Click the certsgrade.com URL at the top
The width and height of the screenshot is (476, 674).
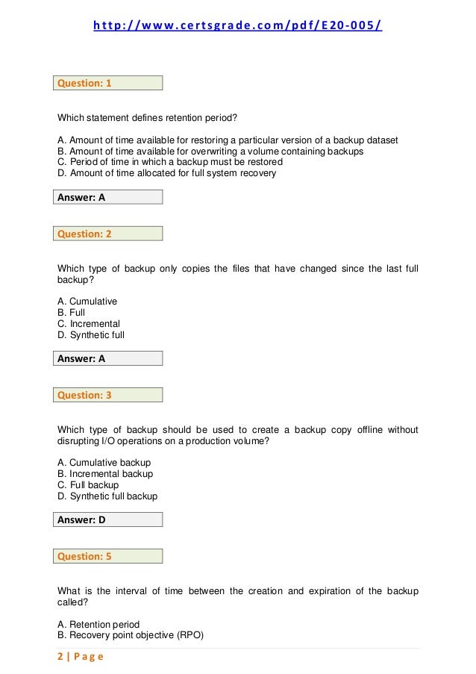tap(237, 27)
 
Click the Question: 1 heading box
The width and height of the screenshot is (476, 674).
tap(109, 84)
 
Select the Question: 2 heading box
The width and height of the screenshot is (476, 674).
tap(109, 234)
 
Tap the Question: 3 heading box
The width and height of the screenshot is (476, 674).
tap(109, 395)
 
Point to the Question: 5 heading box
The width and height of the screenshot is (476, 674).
tap(109, 556)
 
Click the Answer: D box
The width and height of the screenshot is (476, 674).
tap(109, 519)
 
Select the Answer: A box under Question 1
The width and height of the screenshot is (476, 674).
tap(109, 198)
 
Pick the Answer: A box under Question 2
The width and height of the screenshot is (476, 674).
tap(109, 358)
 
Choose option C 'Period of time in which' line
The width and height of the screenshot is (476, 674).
tap(170, 162)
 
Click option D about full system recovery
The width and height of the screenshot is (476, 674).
tap(166, 173)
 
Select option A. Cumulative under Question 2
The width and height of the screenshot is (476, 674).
tap(87, 302)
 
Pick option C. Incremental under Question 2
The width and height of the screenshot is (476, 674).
tap(89, 324)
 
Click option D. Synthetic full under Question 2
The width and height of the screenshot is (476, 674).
tap(91, 335)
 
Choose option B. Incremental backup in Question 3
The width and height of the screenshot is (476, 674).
tap(105, 474)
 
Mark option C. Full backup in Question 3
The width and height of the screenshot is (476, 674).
tap(88, 485)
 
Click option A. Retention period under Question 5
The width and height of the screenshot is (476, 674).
tap(98, 624)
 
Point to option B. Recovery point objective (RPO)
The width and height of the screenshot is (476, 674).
tap(131, 635)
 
